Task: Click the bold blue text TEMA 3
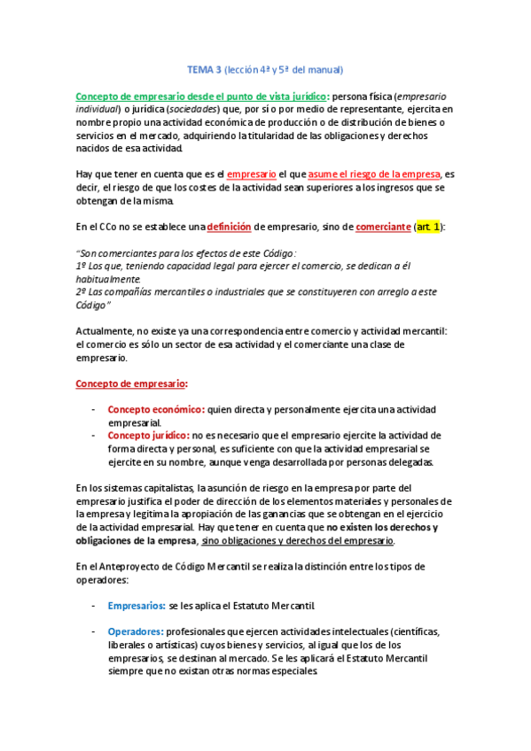pos(203,68)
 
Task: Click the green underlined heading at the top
pos(201,97)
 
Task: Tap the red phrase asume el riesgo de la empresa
pos(363,174)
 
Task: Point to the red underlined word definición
pos(230,226)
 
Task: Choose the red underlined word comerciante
pos(383,226)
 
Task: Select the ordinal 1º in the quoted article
pos(82,265)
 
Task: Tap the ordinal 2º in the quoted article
pos(82,291)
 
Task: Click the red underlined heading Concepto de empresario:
pos(131,383)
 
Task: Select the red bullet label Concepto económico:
pos(155,409)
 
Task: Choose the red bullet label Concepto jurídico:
pos(147,435)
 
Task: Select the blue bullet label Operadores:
pos(136,631)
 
